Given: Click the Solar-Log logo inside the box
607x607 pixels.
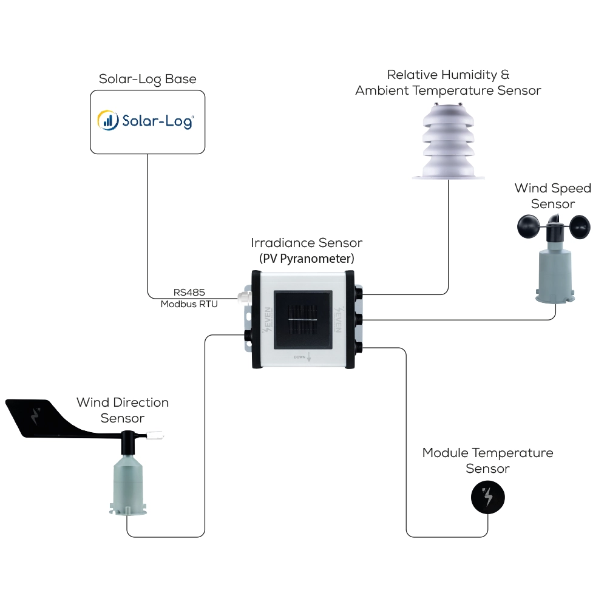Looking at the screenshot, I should pyautogui.click(x=146, y=120).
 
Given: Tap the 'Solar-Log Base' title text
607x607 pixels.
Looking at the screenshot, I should pyautogui.click(x=148, y=80).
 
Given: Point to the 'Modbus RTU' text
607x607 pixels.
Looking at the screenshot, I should pyautogui.click(x=189, y=303).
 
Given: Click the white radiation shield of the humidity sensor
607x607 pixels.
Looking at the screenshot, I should pyautogui.click(x=449, y=143).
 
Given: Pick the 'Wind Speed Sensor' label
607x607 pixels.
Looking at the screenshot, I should pyautogui.click(x=552, y=196).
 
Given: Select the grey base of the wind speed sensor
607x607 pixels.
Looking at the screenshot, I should pyautogui.click(x=553, y=273).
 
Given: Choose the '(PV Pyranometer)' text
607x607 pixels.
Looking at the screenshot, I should pyautogui.click(x=307, y=259).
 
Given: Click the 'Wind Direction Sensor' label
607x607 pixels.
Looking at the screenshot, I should pyautogui.click(x=123, y=410).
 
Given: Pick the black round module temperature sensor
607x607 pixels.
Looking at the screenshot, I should pyautogui.click(x=487, y=498).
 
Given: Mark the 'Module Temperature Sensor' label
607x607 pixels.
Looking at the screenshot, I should pyautogui.click(x=487, y=461).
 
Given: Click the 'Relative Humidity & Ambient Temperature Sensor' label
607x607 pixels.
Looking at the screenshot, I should pyautogui.click(x=449, y=83).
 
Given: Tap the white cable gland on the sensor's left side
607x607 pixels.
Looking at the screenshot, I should pyautogui.click(x=243, y=295).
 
